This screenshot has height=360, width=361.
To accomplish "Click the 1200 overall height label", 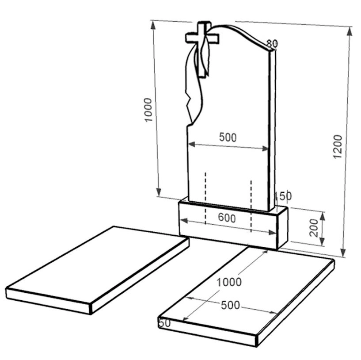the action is (338, 146).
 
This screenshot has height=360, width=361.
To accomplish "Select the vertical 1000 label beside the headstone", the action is (148, 110).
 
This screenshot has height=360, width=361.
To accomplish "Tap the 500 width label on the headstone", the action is (228, 137).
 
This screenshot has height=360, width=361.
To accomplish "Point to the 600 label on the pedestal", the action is (227, 218).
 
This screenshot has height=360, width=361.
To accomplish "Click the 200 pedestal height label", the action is (314, 228).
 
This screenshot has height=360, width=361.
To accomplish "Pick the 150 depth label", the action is (283, 196).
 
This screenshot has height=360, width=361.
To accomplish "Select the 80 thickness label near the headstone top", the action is (272, 43).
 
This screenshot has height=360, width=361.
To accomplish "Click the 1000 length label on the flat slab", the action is (229, 282).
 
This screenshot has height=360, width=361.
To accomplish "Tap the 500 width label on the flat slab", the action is (230, 305).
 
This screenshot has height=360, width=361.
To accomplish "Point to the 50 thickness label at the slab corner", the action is (165, 323).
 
